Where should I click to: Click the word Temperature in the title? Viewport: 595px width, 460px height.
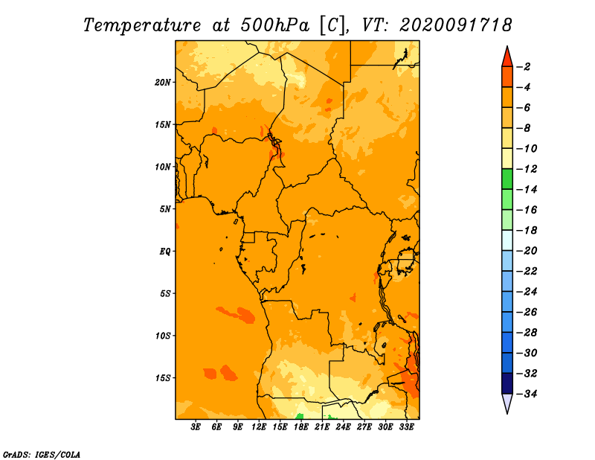pyautogui.click(x=142, y=25)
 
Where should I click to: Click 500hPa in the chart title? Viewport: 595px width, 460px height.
pyautogui.click(x=274, y=25)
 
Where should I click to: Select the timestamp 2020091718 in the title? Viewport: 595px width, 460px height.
pyautogui.click(x=456, y=25)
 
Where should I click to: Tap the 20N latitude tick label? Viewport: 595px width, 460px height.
pyautogui.click(x=162, y=83)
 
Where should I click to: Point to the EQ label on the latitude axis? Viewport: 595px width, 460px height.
pyautogui.click(x=164, y=252)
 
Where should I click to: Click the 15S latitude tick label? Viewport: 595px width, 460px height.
pyautogui.click(x=162, y=378)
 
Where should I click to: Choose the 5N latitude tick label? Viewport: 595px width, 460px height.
pyautogui.click(x=165, y=209)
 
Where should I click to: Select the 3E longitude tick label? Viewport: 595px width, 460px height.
pyautogui.click(x=196, y=427)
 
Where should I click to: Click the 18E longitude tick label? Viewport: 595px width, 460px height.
pyautogui.click(x=301, y=427)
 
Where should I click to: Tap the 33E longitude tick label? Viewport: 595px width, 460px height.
pyautogui.click(x=406, y=427)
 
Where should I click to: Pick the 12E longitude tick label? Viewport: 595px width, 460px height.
pyautogui.click(x=259, y=427)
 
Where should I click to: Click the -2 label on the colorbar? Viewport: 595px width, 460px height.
pyautogui.click(x=524, y=67)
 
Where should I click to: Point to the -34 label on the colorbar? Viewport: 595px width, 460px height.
pyautogui.click(x=527, y=394)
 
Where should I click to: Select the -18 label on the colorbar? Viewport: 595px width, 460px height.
pyautogui.click(x=527, y=230)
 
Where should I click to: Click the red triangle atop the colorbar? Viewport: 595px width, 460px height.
pyautogui.click(x=507, y=57)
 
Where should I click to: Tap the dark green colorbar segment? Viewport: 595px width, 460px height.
pyautogui.click(x=507, y=179)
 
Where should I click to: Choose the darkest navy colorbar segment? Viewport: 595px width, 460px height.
pyautogui.click(x=507, y=383)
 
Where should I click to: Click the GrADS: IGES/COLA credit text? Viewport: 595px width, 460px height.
pyautogui.click(x=42, y=455)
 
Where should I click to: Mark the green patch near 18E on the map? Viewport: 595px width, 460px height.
pyautogui.click(x=300, y=416)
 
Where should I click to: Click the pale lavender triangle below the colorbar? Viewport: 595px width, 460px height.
pyautogui.click(x=507, y=403)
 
